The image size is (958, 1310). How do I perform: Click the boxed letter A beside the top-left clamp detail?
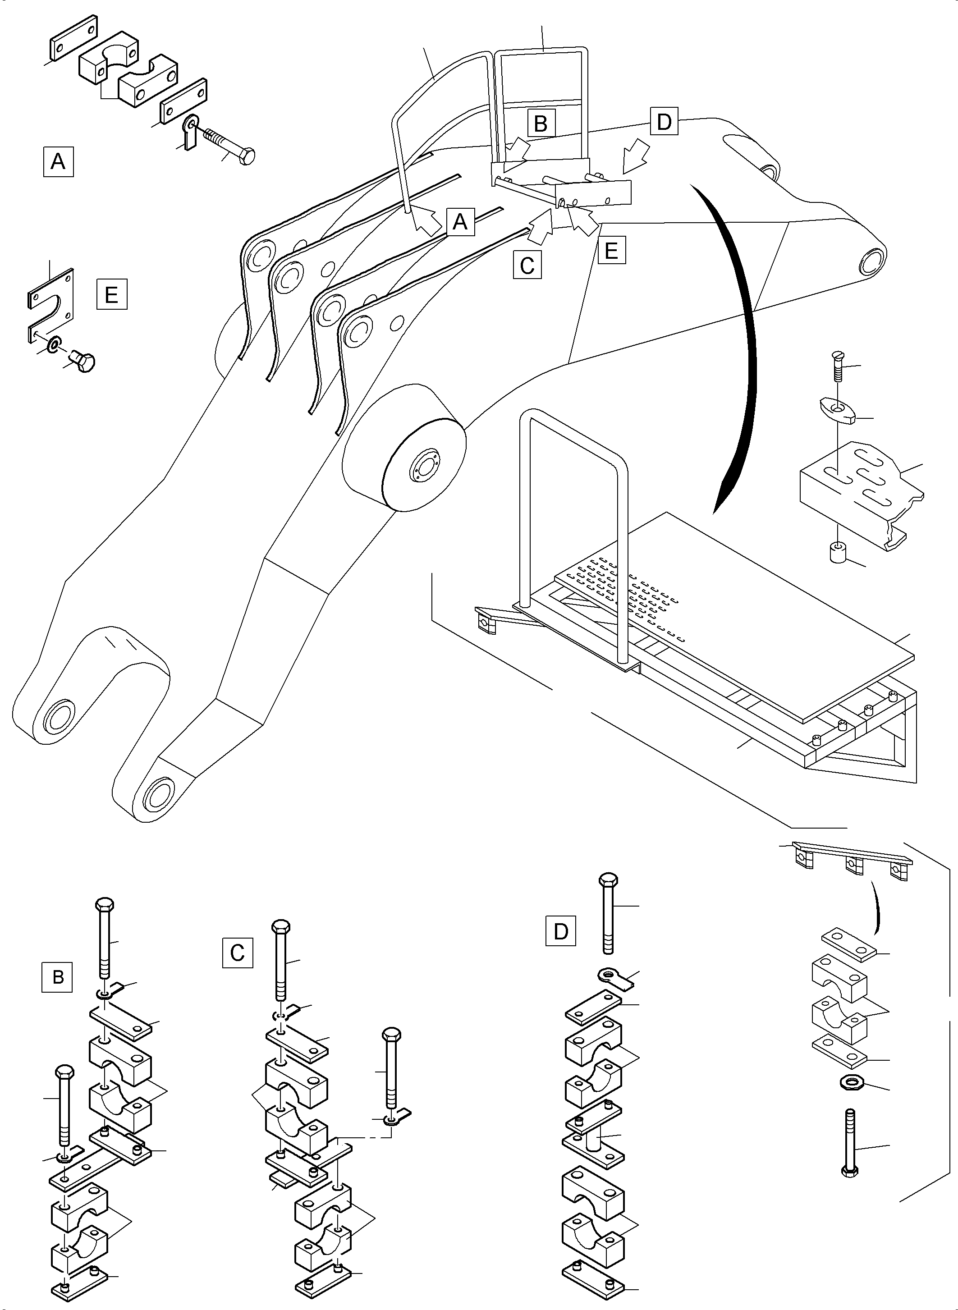click(58, 162)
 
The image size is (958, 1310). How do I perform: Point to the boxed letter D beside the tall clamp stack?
click(561, 931)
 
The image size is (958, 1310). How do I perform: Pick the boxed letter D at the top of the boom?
click(664, 121)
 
